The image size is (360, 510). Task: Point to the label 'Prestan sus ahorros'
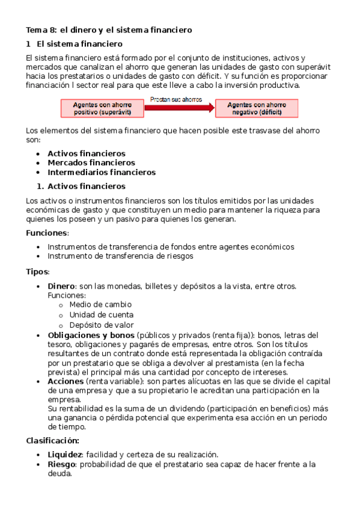[x=176, y=99]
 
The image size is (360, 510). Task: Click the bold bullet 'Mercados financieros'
[x=91, y=162]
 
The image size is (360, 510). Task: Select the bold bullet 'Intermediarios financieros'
[x=102, y=172]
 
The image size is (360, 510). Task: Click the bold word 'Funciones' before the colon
[x=47, y=233]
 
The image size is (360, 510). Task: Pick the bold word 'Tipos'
[x=37, y=271]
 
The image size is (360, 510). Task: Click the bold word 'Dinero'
[x=61, y=286]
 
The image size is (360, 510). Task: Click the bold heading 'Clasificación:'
[x=53, y=440]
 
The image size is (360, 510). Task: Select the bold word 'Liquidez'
[x=65, y=455]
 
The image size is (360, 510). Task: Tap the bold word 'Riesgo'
[x=62, y=464]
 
